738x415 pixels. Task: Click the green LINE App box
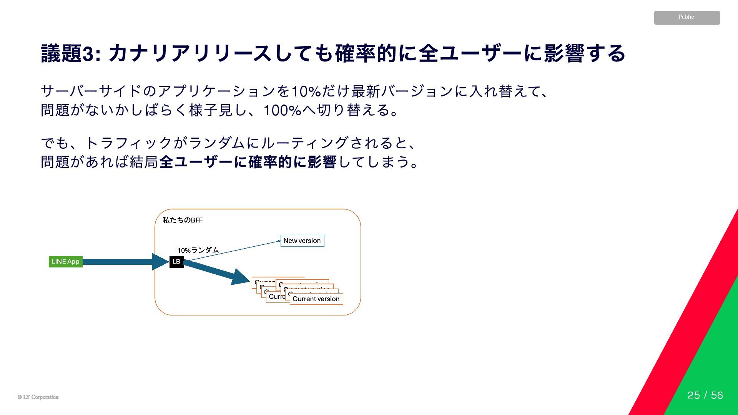pyautogui.click(x=65, y=262)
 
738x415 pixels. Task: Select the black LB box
pyautogui.click(x=176, y=262)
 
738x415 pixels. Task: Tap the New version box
pyautogui.click(x=302, y=241)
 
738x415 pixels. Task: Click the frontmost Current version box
pyautogui.click(x=316, y=299)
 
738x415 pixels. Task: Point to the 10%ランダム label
pyautogui.click(x=198, y=250)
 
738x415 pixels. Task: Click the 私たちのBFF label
pyautogui.click(x=183, y=220)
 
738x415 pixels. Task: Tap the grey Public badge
pyautogui.click(x=687, y=18)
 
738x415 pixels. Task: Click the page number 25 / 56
pyautogui.click(x=705, y=395)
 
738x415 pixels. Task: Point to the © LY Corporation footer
pyautogui.click(x=38, y=397)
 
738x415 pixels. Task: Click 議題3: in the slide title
pyautogui.click(x=71, y=54)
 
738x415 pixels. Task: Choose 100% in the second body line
pyautogui.click(x=282, y=111)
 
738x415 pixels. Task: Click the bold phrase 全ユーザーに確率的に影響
pyautogui.click(x=248, y=162)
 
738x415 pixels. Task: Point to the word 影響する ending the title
pyautogui.click(x=585, y=54)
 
